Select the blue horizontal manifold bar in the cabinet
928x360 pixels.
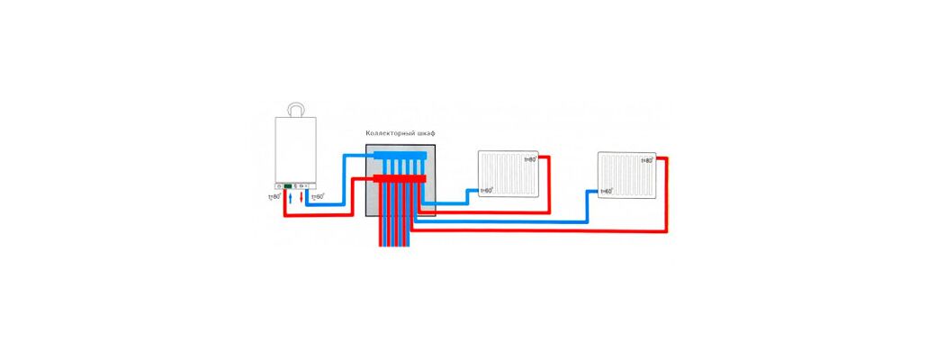(401, 157)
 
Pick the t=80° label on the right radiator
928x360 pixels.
(645, 161)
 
